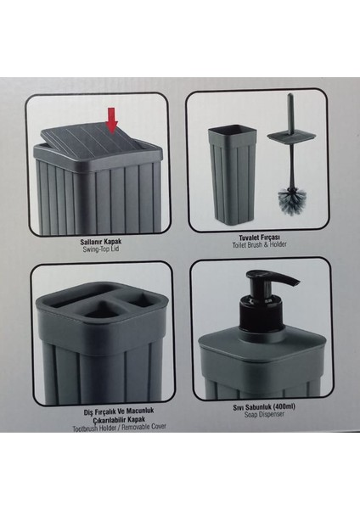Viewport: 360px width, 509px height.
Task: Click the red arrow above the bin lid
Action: coord(112,120)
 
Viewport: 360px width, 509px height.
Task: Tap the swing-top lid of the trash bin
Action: coord(98,141)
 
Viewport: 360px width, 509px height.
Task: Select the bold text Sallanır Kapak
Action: coord(101,242)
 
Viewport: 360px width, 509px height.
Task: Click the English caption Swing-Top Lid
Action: coord(101,249)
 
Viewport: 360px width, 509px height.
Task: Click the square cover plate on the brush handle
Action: coord(292,136)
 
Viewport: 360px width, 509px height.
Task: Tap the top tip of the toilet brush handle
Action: coord(290,95)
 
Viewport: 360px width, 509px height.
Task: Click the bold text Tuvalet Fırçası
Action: coord(259,238)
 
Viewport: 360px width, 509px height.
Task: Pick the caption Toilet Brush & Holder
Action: coord(259,245)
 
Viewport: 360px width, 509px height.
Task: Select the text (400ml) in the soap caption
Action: coord(284,407)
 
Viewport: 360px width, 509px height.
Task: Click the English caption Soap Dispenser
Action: coord(264,415)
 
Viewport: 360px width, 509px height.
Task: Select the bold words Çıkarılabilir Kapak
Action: coord(119,420)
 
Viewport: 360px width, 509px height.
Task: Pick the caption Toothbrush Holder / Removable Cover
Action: coord(119,428)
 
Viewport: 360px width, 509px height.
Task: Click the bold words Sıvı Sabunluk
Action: coord(252,407)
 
